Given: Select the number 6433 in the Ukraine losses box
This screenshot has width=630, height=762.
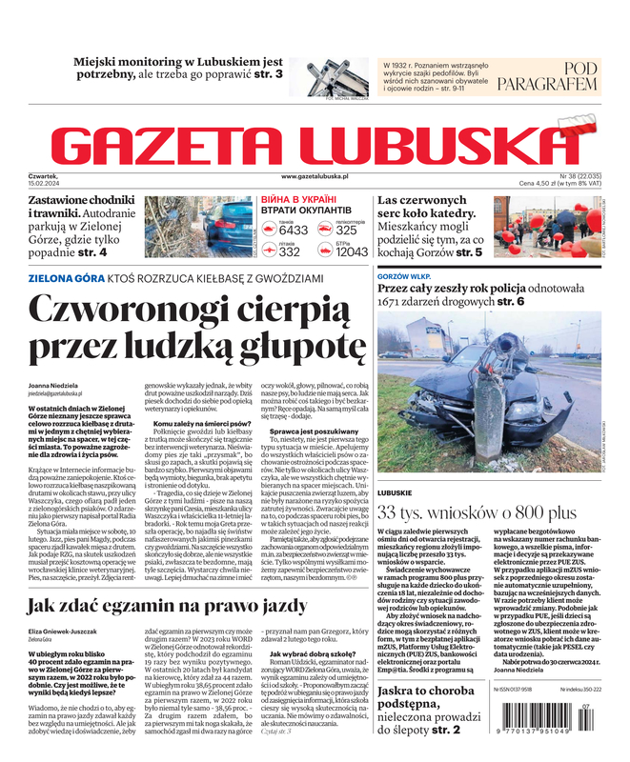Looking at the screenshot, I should (x=294, y=231).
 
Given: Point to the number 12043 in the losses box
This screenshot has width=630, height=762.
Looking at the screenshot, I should (x=352, y=252).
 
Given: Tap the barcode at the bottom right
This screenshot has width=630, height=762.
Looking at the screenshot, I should (x=547, y=729).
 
